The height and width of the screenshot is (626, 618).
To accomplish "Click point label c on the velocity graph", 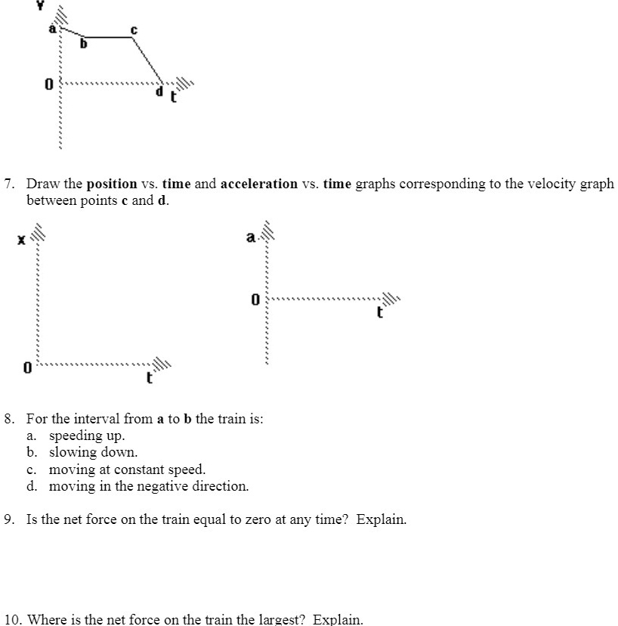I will pyautogui.click(x=134, y=29).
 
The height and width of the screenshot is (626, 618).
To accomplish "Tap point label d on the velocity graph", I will pyautogui.click(x=159, y=92).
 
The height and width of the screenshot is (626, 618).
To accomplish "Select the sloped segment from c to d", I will pyautogui.click(x=148, y=60).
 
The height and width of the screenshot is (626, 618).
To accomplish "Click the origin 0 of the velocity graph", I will pyautogui.click(x=48, y=85).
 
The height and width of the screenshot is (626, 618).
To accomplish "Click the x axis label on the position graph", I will pyautogui.click(x=22, y=240).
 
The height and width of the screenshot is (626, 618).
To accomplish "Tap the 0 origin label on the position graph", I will pyautogui.click(x=27, y=370).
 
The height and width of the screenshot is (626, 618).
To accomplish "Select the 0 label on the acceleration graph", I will pyautogui.click(x=255, y=300).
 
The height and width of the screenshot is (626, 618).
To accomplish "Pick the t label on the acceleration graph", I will pyautogui.click(x=380, y=311).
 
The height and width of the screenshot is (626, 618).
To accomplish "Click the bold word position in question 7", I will pyautogui.click(x=112, y=184).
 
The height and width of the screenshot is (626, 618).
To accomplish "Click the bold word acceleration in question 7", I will pyautogui.click(x=259, y=184).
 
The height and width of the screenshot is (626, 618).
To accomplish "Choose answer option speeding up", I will pyautogui.click(x=87, y=435).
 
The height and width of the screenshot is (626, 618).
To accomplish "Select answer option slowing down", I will pyautogui.click(x=93, y=453).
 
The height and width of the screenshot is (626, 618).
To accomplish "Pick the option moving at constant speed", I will pyautogui.click(x=127, y=469).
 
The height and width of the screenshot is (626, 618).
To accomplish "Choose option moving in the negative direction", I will pyautogui.click(x=148, y=486).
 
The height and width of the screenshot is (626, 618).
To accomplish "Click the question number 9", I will pyautogui.click(x=9, y=519).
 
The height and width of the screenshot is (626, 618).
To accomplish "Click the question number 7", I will pyautogui.click(x=9, y=184).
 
